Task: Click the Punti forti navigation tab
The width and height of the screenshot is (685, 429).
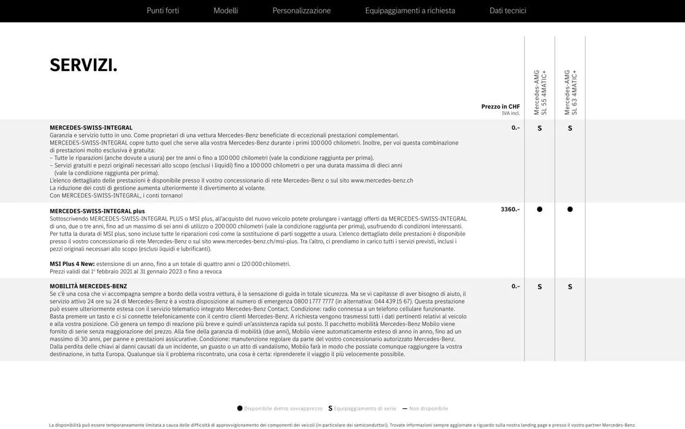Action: coord(163,10)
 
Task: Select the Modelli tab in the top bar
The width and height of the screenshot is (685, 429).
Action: coord(226,10)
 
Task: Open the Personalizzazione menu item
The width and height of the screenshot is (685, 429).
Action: coord(301,10)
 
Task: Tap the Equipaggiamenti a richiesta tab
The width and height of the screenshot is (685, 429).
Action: coord(410,10)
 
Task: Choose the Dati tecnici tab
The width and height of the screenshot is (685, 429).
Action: coord(507,10)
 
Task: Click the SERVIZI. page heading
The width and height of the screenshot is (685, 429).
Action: coord(83,65)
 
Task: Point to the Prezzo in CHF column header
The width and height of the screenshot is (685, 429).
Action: coord(500,107)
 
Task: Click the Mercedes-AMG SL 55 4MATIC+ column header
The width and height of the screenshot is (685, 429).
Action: coord(540,92)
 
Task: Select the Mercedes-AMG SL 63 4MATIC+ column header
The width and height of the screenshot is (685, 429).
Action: coord(570,92)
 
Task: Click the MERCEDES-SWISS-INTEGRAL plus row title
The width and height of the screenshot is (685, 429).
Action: coord(97,211)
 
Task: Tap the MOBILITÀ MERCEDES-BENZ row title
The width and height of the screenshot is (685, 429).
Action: coord(88,286)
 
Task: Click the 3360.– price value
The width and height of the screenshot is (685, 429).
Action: coord(510,210)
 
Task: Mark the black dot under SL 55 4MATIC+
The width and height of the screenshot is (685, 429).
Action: coord(540,210)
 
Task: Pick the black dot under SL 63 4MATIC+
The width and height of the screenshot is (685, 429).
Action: coord(570,210)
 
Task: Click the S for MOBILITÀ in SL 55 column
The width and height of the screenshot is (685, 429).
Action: coord(540,287)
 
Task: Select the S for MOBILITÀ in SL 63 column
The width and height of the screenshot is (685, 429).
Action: coord(570,287)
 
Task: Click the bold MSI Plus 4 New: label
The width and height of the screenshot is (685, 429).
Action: coord(72,264)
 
